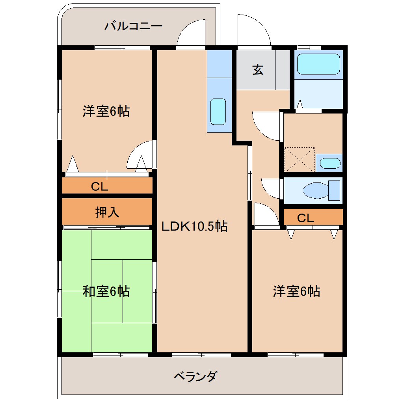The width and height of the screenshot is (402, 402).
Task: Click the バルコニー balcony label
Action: coord(133,27)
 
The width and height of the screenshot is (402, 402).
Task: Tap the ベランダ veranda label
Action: coord(195,376)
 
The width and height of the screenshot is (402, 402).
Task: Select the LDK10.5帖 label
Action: coord(194,227)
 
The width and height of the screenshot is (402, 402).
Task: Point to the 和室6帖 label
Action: coord(106,292)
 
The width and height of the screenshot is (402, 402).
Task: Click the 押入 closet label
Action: coord(107,212)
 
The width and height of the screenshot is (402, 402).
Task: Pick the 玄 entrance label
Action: coord(257,70)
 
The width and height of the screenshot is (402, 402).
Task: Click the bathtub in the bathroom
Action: coord(318,64)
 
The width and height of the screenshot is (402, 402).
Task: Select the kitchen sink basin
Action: coord(218,111)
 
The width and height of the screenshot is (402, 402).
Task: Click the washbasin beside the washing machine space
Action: coord(329,163)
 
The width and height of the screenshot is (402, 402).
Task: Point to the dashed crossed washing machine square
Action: coord(300,160)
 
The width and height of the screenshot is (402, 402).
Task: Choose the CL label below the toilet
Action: coord(305,218)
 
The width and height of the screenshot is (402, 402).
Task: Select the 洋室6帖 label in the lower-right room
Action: coord(296,292)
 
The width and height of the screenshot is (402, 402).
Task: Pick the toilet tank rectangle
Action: coord(334,190)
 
